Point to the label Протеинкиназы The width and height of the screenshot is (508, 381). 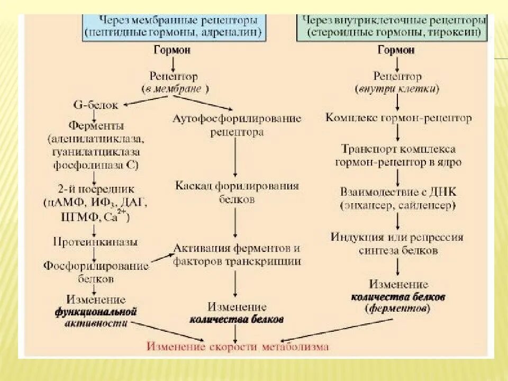click(95, 242)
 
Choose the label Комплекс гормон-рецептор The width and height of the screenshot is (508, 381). click(398, 117)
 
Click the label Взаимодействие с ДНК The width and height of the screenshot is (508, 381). click(398, 190)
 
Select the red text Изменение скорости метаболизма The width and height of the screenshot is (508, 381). click(238, 347)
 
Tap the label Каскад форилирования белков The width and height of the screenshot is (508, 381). click(237, 193)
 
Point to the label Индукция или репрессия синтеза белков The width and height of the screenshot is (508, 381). click(397, 243)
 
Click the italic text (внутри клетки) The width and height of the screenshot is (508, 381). click(397, 89)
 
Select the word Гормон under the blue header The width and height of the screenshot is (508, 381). click(173, 50)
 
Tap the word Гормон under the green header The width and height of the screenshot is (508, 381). click(396, 50)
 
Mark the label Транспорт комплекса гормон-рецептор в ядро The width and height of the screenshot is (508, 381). click(398, 156)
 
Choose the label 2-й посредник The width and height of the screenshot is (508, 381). click(96, 189)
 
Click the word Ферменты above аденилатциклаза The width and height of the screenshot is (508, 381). click(96, 126)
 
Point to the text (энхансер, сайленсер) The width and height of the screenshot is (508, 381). click(398, 204)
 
